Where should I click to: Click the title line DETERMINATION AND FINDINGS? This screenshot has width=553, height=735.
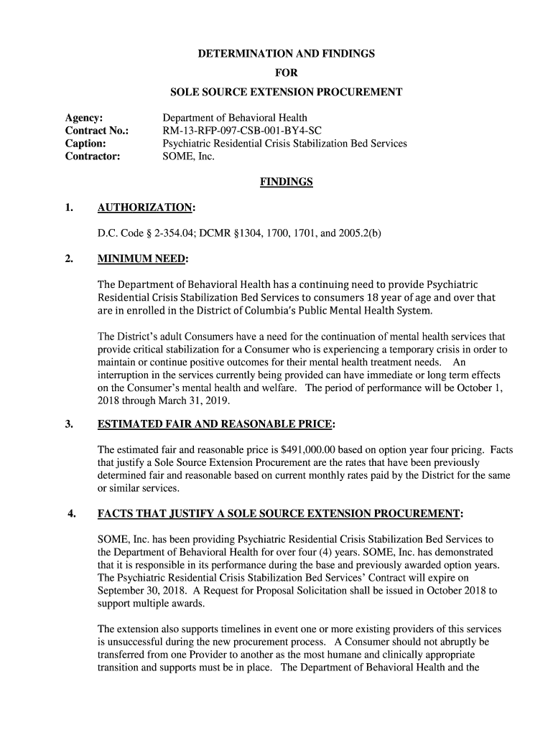coord(276,54)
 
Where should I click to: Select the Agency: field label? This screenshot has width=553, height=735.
coord(84,118)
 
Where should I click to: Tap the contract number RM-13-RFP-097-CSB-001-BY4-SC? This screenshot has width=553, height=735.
coord(242,131)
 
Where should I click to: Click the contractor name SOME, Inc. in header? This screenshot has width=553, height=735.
coord(189,156)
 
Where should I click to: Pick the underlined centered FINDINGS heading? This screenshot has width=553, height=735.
coord(286,182)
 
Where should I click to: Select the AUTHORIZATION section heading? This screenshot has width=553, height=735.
coord(146,208)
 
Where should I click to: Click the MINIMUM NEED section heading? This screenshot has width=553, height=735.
coord(142,258)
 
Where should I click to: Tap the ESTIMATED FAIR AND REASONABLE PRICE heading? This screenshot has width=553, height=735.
coord(215,424)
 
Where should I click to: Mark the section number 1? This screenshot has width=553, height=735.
coord(69,208)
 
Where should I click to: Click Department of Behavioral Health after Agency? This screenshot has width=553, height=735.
coord(235,118)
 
